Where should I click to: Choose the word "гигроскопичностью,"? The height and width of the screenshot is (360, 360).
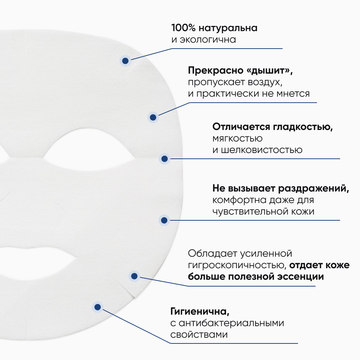tap(237, 266)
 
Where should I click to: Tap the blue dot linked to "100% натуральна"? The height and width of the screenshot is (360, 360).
tap(125, 61)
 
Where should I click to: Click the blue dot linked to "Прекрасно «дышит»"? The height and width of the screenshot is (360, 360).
tap(153, 117)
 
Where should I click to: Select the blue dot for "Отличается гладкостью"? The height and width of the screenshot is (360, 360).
tap(164, 158)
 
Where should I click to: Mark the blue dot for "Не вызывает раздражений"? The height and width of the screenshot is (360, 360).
tap(164, 220)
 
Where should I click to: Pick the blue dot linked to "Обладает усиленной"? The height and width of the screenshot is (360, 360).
tap(134, 276)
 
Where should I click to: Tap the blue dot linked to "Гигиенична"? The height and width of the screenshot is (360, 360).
tap(97, 307)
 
